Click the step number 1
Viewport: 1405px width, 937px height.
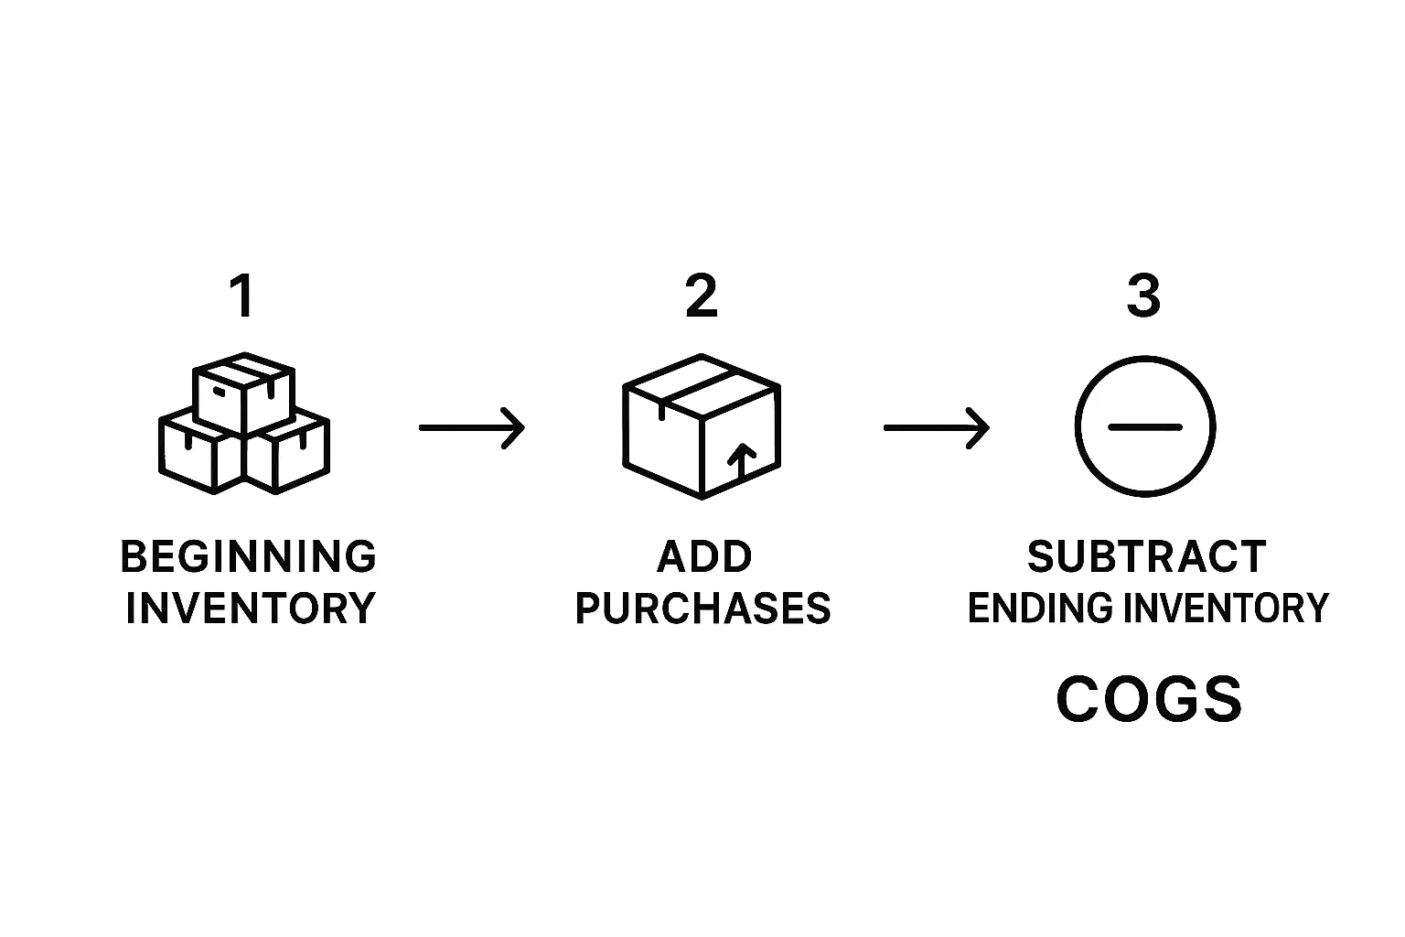(x=242, y=297)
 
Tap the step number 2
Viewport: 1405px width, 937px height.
(x=702, y=297)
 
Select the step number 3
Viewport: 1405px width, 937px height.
(x=1143, y=297)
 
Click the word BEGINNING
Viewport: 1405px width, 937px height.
(x=249, y=557)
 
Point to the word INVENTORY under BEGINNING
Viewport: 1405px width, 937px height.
(x=251, y=609)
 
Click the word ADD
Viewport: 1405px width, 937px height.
(x=704, y=557)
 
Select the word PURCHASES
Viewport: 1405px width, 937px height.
(x=702, y=609)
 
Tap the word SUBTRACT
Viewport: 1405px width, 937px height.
(x=1146, y=557)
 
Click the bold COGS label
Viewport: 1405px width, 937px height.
(x=1149, y=700)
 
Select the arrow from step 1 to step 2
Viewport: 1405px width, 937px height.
(x=472, y=427)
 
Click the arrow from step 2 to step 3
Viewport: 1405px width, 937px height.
(x=936, y=427)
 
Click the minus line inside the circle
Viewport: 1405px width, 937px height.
(x=1144, y=427)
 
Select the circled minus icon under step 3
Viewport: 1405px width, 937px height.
(x=1144, y=427)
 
